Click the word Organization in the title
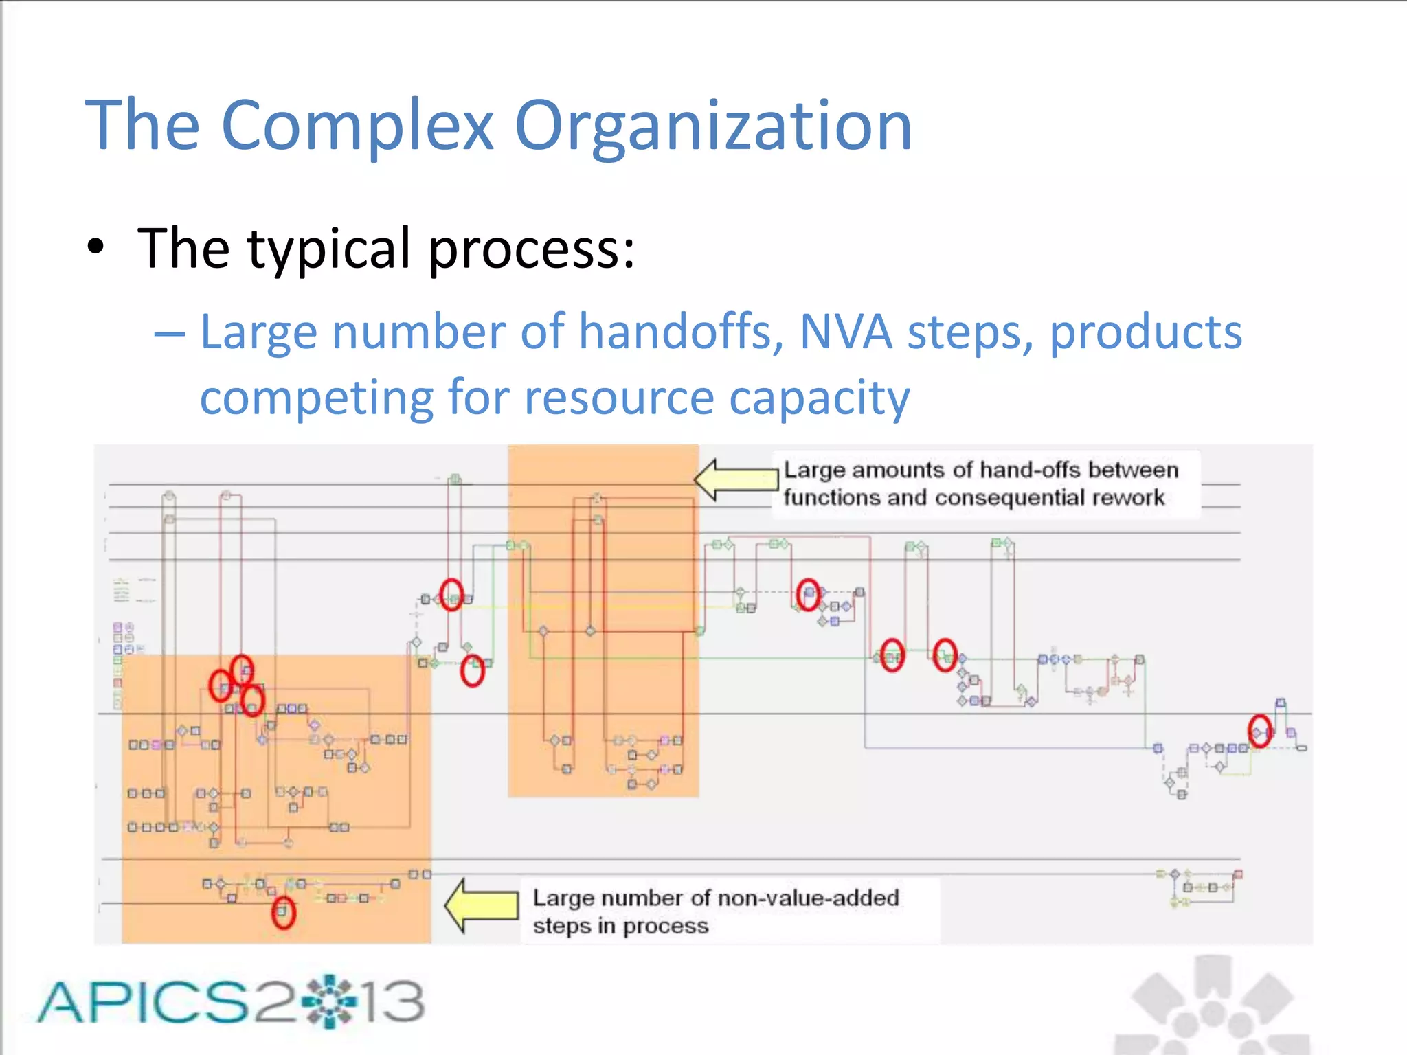click(x=713, y=126)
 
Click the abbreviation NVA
click(x=846, y=332)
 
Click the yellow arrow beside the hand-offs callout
click(x=734, y=479)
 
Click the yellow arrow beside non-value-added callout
click(x=482, y=905)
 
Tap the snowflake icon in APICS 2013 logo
click(x=331, y=1001)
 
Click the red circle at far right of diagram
click(x=1259, y=730)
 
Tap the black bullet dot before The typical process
click(x=96, y=249)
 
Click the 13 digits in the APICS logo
click(x=394, y=1001)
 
